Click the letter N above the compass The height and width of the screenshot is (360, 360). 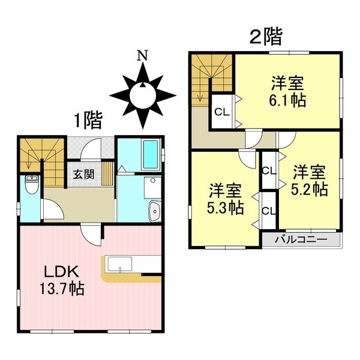click(142, 56)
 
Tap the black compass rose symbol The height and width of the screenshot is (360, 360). click(143, 95)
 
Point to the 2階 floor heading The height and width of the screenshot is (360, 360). click(266, 38)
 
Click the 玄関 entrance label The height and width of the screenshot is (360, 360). click(83, 175)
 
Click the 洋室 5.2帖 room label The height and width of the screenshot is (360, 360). click(310, 181)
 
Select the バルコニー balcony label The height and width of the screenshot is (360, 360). click(301, 240)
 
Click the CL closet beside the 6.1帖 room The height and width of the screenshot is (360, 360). click(221, 111)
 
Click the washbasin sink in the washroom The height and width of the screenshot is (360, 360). click(154, 212)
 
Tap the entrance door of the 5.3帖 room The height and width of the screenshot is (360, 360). click(246, 158)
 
